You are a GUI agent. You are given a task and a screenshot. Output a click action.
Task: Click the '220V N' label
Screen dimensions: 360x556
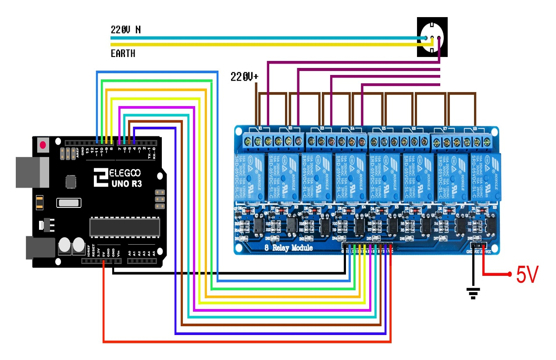click(x=125, y=30)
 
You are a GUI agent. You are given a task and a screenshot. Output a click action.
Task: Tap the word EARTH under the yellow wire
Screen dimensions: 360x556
click(x=123, y=54)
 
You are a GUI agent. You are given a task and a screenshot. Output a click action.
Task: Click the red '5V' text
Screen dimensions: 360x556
click(x=526, y=275)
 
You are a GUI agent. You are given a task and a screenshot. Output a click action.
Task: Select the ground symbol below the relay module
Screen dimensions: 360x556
click(x=473, y=293)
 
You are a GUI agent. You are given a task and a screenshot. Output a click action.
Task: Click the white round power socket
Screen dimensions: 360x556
click(x=432, y=37)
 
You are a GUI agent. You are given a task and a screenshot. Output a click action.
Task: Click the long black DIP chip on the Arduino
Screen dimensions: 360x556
click(x=125, y=225)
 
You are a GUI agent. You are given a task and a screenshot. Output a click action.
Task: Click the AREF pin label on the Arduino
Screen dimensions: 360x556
click(x=78, y=152)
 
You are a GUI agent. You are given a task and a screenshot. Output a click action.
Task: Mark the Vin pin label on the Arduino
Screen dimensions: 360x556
click(x=119, y=252)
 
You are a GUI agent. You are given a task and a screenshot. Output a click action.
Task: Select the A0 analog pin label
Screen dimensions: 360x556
click(x=129, y=253)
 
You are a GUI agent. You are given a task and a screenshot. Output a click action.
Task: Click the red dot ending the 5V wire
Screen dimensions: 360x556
click(x=510, y=274)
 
